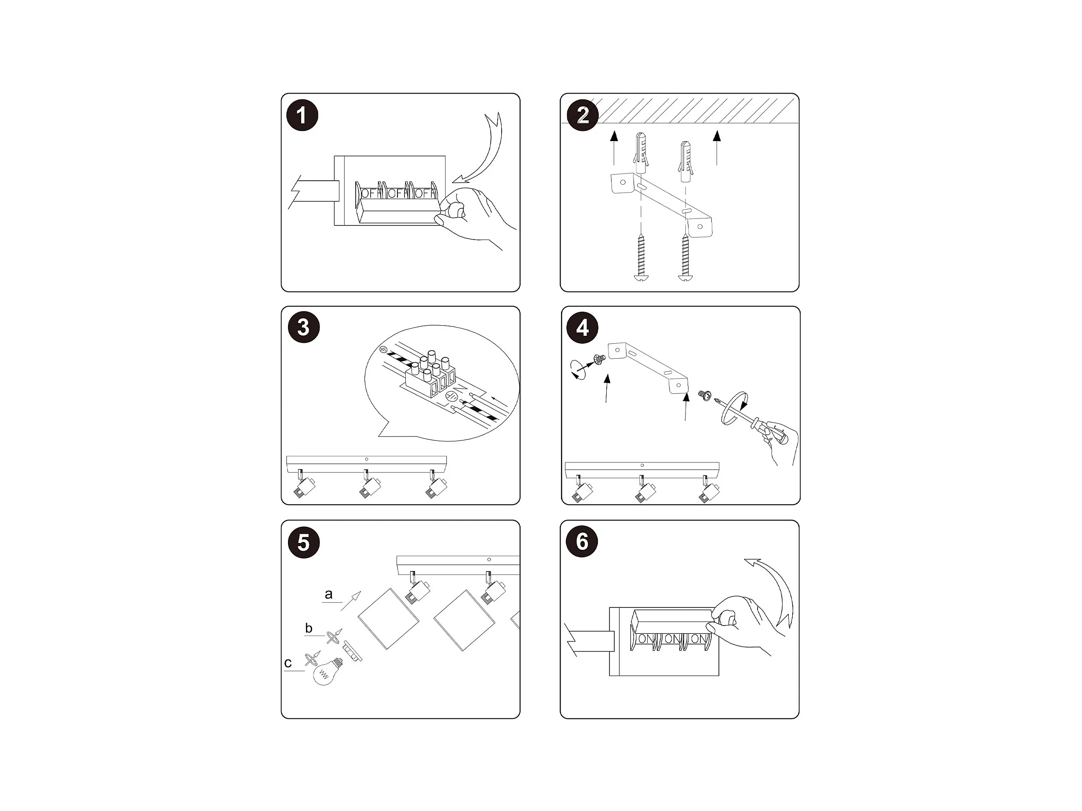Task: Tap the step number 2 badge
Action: pos(582,116)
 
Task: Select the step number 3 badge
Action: pos(304,327)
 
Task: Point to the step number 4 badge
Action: pos(582,327)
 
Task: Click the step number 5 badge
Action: pos(304,542)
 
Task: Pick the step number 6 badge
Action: pos(582,541)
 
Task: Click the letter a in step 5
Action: pos(329,594)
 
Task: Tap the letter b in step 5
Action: pos(309,628)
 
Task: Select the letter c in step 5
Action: pos(288,663)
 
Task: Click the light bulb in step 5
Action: pos(327,672)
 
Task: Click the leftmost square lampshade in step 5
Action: pos(388,619)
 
